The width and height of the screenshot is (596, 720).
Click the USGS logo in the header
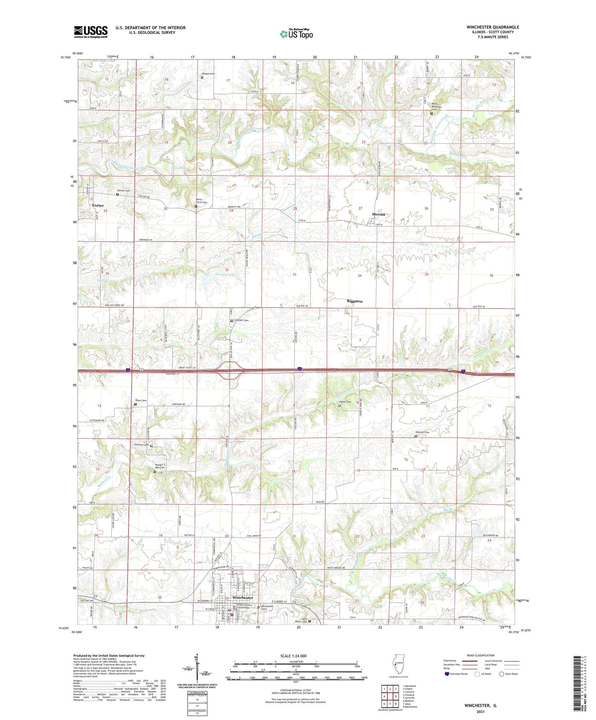point(91,32)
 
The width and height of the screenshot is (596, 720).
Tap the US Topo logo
point(296,34)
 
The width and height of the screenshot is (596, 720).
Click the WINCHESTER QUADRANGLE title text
point(493,27)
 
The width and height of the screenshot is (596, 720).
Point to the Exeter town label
point(98,205)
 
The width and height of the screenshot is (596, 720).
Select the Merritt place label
point(378,214)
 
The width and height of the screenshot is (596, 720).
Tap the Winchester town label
point(243,598)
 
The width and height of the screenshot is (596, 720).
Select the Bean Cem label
point(141,400)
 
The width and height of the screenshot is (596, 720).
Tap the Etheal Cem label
point(208,74)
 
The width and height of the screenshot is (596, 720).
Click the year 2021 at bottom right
point(480,711)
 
